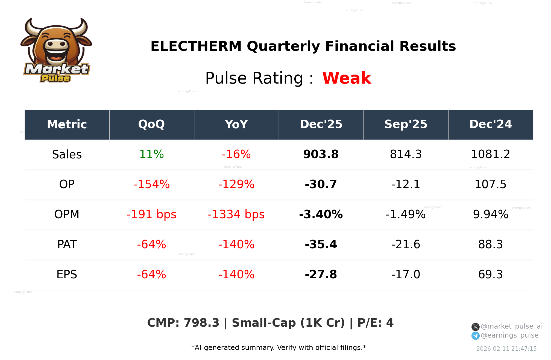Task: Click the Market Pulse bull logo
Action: click(x=56, y=51)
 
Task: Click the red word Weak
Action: click(x=347, y=78)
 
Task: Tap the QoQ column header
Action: click(x=151, y=125)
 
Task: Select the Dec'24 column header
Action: click(x=490, y=125)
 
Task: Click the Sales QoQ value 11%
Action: click(x=151, y=154)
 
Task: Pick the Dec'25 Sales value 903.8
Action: click(x=321, y=154)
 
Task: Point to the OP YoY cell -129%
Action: click(x=236, y=184)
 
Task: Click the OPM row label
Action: click(x=67, y=214)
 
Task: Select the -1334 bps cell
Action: click(x=236, y=214)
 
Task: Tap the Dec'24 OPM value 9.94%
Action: click(x=490, y=214)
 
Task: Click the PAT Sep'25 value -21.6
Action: click(x=406, y=244)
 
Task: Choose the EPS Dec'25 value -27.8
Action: click(x=321, y=275)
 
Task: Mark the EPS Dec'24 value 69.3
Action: click(x=490, y=275)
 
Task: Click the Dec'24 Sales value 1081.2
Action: click(x=490, y=154)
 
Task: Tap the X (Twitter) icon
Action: click(x=475, y=327)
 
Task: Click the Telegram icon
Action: click(x=475, y=336)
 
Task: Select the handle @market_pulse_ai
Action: click(x=512, y=326)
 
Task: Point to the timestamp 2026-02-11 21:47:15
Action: click(x=506, y=349)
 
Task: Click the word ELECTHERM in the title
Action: click(x=196, y=46)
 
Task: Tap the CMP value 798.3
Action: click(x=201, y=323)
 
